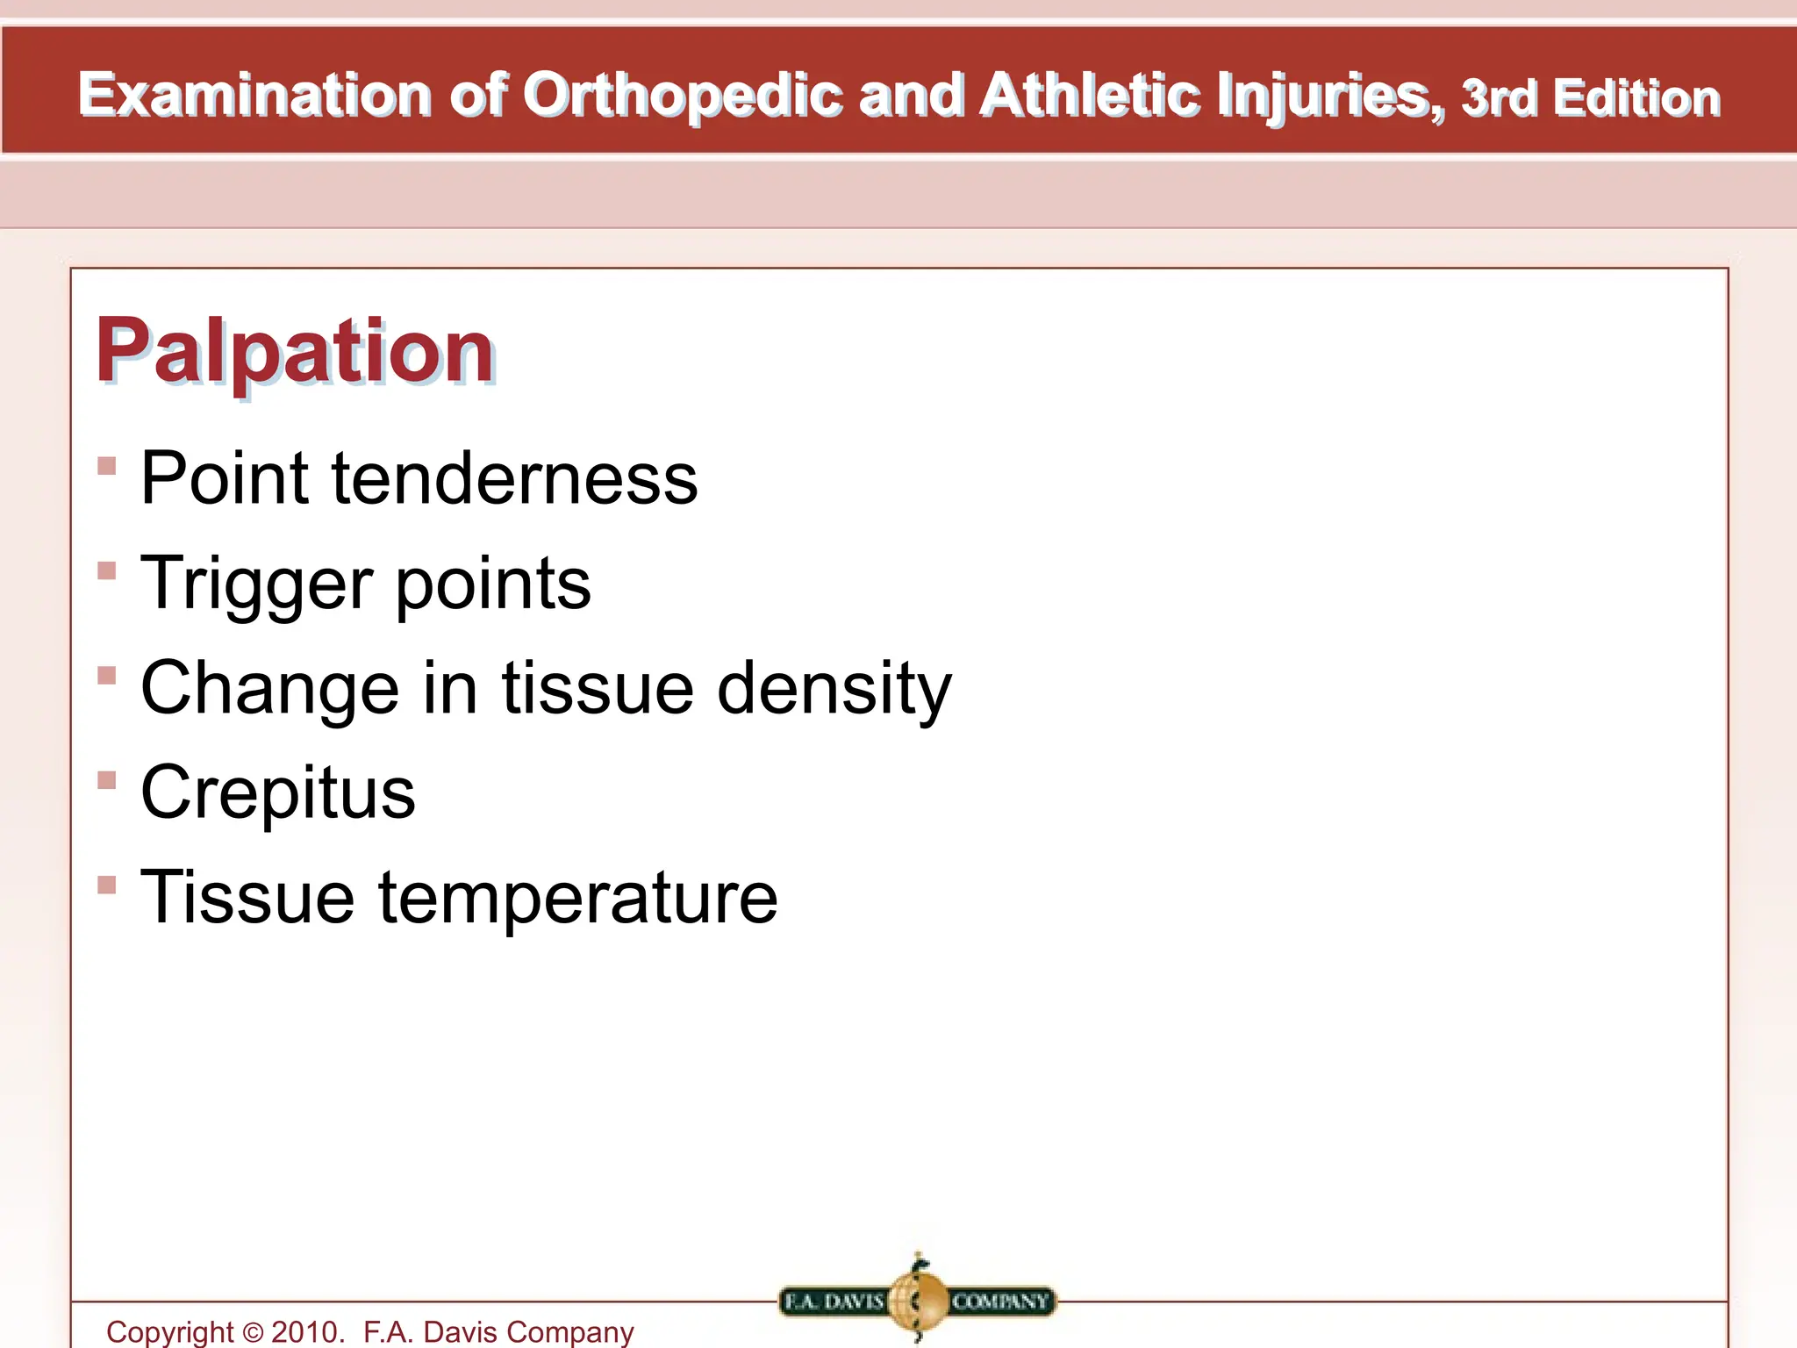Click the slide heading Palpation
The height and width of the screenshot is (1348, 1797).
tap(296, 352)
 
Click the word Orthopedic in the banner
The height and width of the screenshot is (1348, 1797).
tap(683, 95)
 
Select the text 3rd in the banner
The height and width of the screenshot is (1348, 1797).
tap(1499, 98)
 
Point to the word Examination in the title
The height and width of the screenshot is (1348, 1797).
tap(254, 95)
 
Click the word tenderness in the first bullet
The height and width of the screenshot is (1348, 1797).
tap(514, 478)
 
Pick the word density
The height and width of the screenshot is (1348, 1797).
tap(834, 689)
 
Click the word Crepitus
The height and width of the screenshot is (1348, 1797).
tap(277, 792)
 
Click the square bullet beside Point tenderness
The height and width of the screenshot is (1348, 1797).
tap(107, 465)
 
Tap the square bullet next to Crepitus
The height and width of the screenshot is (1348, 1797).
tap(107, 780)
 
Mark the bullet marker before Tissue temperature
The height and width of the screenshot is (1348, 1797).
tap(107, 885)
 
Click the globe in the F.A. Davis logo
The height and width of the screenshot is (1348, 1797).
tap(917, 1301)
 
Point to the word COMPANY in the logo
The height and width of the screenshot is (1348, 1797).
tap(1000, 1301)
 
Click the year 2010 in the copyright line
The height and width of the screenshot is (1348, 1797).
tap(305, 1332)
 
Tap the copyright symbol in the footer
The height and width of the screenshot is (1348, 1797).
tap(253, 1333)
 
